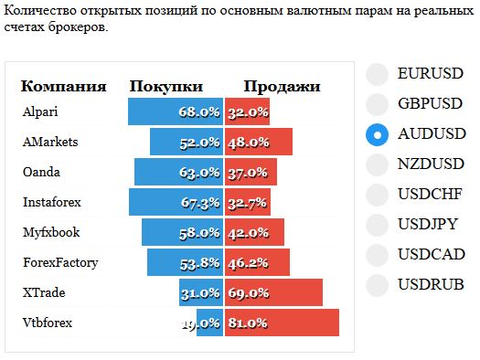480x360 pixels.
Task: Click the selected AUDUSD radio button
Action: [377, 134]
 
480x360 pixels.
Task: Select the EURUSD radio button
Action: [377, 74]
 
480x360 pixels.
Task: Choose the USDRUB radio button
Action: [377, 285]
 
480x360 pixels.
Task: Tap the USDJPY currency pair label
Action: [428, 224]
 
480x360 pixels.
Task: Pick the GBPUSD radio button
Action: [377, 104]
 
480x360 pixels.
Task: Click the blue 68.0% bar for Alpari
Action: [176, 111]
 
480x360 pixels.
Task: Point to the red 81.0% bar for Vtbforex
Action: [282, 323]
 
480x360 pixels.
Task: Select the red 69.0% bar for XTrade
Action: [273, 292]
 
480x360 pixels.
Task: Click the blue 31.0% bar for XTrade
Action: [201, 292]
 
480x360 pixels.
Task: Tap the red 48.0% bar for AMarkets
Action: [259, 142]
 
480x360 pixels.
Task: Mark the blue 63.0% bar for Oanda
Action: [179, 172]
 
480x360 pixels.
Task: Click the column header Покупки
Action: [166, 86]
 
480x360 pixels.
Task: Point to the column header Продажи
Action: [282, 87]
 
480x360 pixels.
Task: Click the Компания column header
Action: [64, 86]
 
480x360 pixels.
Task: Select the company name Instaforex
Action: [52, 202]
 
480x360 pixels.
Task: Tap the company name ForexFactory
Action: [60, 263]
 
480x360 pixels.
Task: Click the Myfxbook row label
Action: [51, 232]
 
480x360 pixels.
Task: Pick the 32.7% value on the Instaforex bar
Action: [248, 203]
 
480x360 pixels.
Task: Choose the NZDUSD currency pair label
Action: [431, 164]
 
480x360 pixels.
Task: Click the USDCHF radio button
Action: [377, 195]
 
